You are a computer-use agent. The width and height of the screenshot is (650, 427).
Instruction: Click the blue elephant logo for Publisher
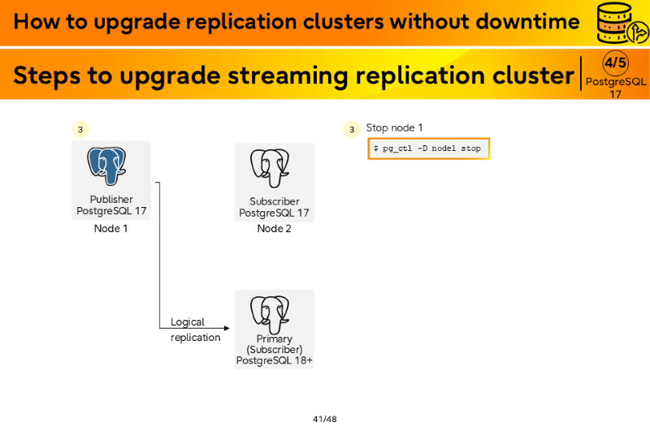click(x=106, y=166)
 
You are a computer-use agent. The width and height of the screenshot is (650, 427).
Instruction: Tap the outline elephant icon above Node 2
click(x=270, y=168)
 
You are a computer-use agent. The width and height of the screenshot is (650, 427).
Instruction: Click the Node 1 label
click(x=110, y=229)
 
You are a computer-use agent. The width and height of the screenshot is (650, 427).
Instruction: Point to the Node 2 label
click(x=274, y=229)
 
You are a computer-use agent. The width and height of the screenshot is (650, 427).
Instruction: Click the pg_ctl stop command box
click(x=429, y=149)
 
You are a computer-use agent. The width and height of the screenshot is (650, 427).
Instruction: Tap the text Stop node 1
click(x=394, y=127)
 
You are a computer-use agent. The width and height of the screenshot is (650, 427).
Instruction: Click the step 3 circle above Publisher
click(x=80, y=129)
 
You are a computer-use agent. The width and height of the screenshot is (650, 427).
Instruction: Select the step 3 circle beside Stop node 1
click(x=352, y=129)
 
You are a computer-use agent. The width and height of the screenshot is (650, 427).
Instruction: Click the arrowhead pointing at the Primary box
click(x=227, y=329)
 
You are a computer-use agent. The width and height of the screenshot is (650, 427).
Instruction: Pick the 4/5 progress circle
click(x=615, y=63)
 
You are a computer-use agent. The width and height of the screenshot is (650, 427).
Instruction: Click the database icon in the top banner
click(x=622, y=24)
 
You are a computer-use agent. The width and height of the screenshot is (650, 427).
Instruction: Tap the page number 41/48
click(x=324, y=419)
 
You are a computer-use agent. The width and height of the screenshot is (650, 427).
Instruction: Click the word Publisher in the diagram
click(x=111, y=199)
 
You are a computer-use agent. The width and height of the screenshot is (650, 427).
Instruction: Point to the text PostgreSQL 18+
click(x=275, y=360)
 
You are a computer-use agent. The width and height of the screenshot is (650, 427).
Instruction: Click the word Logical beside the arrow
click(x=188, y=322)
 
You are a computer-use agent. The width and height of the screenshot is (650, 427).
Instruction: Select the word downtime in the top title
click(x=527, y=21)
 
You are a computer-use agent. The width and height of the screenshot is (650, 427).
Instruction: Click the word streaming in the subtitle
click(x=288, y=75)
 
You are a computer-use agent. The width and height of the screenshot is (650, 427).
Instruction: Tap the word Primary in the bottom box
click(x=274, y=339)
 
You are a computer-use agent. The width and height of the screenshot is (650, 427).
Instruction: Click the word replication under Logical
click(x=195, y=338)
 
